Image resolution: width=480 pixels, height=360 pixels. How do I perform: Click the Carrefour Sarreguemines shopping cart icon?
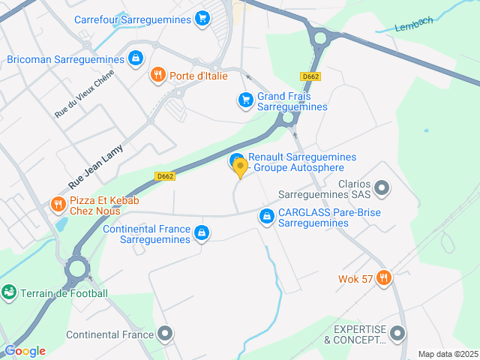pos(202,19)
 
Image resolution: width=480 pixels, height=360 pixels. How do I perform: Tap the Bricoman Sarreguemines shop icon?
pos(135,58)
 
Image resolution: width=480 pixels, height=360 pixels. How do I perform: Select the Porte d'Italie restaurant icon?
pos(157,74)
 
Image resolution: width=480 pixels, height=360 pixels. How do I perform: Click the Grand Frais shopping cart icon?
pos(245,100)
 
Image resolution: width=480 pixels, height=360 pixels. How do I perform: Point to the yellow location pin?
pos(240,167)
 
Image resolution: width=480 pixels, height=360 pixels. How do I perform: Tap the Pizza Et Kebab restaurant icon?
pos(58,204)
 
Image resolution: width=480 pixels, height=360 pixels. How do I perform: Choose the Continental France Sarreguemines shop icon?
pos(201,233)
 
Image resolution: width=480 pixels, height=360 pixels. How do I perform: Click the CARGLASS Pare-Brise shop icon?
pos(265,217)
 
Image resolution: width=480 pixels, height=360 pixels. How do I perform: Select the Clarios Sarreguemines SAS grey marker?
pos(382,187)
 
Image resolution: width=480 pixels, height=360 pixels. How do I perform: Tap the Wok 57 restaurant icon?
pos(384,279)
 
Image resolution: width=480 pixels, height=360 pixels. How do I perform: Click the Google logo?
pos(25,351)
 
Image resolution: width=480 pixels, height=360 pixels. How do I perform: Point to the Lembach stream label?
pos(414,24)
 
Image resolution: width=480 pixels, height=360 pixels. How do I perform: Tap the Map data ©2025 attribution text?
pos(448,354)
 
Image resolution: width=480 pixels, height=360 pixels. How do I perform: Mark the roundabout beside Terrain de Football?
pos(76,267)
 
